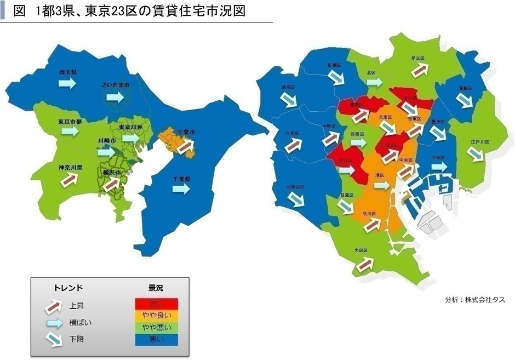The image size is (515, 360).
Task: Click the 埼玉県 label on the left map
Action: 68,72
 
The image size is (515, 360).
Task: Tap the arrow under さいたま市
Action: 115,96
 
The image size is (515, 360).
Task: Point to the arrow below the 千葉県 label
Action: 181,188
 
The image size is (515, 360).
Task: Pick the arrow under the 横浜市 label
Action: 112,184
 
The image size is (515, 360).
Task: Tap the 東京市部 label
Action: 69,122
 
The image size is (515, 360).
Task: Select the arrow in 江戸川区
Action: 476,154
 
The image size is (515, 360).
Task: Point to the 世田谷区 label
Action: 294,187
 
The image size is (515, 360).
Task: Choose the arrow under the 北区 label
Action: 374,82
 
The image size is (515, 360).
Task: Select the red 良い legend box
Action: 156,303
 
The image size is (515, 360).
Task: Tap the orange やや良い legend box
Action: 156,315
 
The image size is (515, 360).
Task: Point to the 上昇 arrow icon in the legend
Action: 54,306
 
